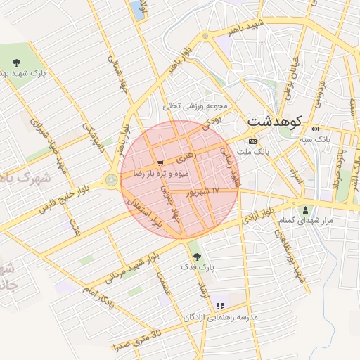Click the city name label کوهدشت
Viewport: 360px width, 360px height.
[274, 121]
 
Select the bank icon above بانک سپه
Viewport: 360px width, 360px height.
[314, 129]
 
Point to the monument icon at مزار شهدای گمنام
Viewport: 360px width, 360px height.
[304, 210]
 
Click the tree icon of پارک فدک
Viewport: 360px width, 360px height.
[195, 256]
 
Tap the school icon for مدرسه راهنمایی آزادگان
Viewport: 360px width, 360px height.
[220, 306]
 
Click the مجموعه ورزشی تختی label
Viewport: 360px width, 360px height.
[196, 106]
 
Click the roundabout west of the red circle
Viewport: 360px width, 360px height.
[111, 181]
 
